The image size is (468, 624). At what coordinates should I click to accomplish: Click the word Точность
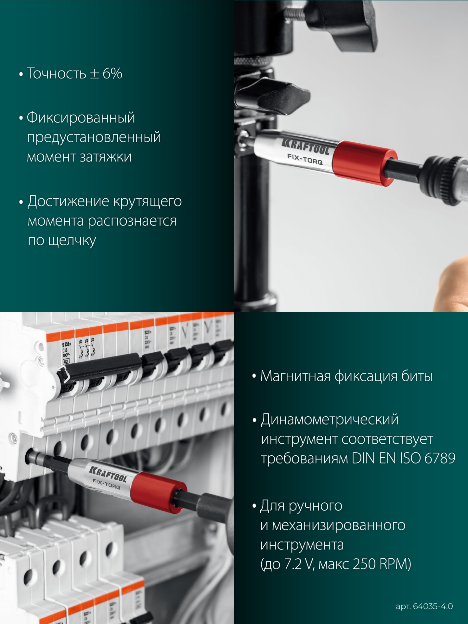click(x=56, y=73)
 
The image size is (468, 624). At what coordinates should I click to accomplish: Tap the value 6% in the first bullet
click(x=112, y=73)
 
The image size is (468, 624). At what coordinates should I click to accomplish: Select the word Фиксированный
click(x=81, y=117)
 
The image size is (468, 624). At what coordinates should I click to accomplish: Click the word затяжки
click(x=106, y=157)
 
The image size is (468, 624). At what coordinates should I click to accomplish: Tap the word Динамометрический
click(x=330, y=419)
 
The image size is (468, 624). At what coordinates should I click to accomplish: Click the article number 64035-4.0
click(x=433, y=606)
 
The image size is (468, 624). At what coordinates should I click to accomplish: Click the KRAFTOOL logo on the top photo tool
click(x=305, y=146)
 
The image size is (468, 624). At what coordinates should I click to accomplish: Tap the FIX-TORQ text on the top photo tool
click(x=305, y=159)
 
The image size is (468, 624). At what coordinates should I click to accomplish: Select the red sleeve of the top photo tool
click(x=364, y=163)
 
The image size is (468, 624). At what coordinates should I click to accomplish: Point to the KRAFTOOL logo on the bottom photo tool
click(x=108, y=474)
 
